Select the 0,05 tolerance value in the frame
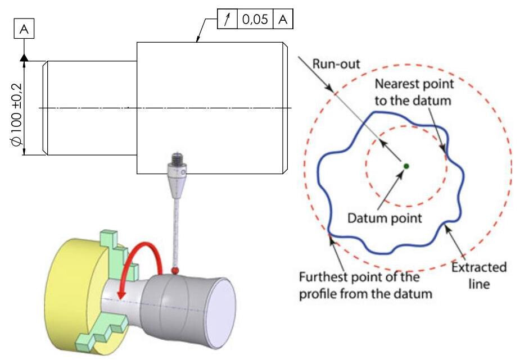tap(255, 20)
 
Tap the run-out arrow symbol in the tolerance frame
tap(228, 20)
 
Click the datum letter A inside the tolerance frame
tap(283, 20)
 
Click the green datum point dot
tap(405, 165)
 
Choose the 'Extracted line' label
tap(480, 275)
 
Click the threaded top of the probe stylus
tap(175, 157)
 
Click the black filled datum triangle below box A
tap(24, 57)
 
